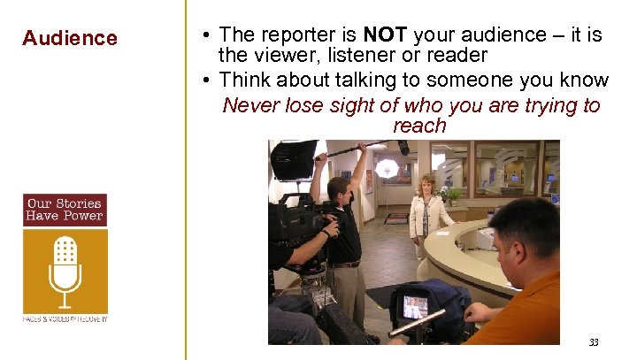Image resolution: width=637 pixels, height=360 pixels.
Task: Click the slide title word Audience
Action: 70,38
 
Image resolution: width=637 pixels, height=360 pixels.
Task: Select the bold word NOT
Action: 384,35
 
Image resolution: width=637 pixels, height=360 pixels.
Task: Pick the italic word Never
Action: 251,106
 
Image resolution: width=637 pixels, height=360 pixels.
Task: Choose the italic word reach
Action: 419,126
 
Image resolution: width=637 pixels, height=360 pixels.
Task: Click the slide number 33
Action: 594,342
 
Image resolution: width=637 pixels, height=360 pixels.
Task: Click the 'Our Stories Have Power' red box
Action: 65,210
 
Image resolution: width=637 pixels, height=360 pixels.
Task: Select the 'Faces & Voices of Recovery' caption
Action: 65,318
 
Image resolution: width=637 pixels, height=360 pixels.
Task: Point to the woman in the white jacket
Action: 429,217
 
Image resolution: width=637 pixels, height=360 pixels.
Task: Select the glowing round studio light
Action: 387,168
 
